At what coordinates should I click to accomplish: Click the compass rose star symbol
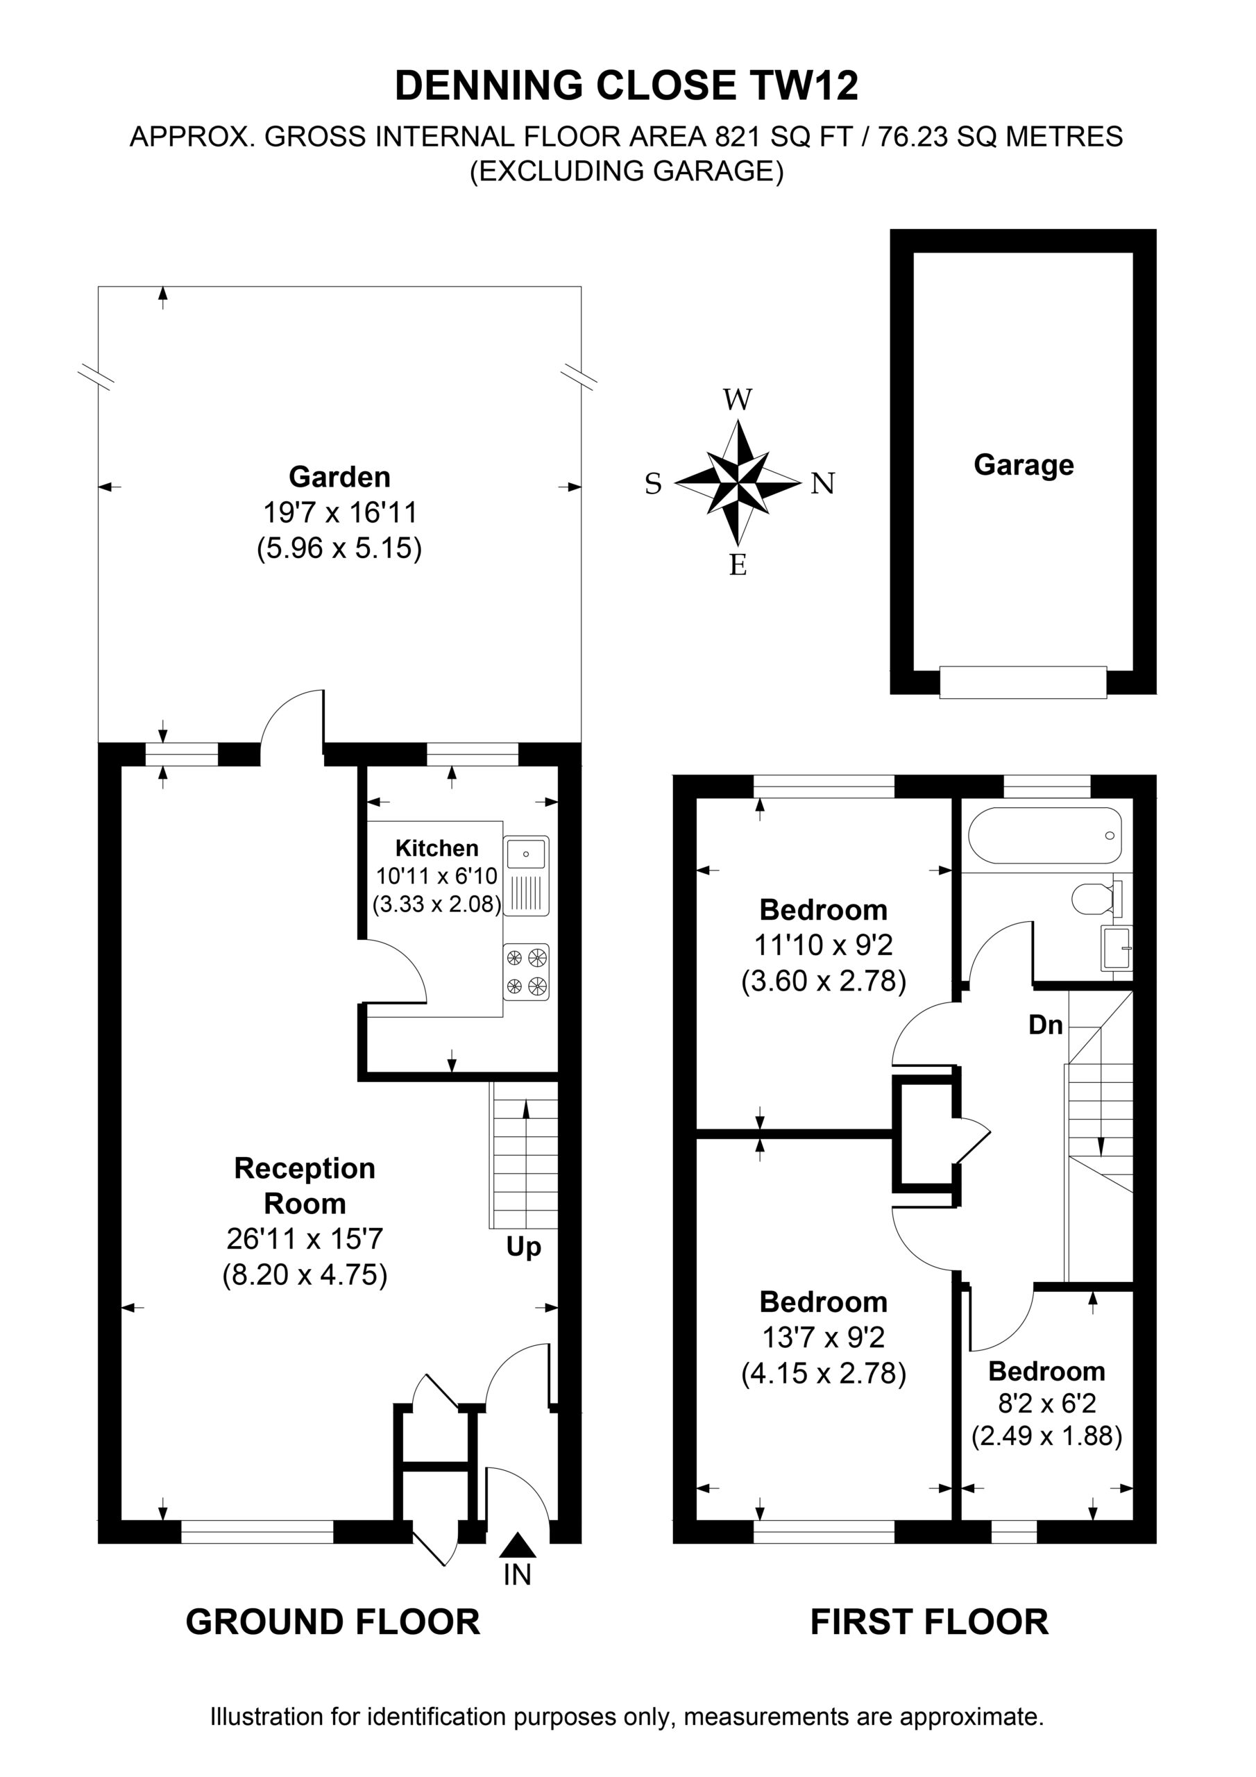pos(738,483)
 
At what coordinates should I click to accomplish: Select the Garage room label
pos(1023,464)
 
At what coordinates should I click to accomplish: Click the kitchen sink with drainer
pos(526,875)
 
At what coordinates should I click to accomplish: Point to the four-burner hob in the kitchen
pos(526,972)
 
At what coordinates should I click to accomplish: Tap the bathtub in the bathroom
pos(1046,836)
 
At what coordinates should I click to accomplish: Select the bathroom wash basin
pos(1115,948)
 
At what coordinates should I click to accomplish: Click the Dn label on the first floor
pos(1046,1025)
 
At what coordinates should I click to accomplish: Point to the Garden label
pos(340,477)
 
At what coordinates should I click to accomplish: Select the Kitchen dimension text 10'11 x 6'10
pos(436,876)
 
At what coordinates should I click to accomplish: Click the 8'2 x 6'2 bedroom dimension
pos(1046,1403)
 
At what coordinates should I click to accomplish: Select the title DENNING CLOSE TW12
pos(627,85)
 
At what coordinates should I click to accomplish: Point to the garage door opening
pos(1023,682)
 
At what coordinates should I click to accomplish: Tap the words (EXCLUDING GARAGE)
pos(627,170)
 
